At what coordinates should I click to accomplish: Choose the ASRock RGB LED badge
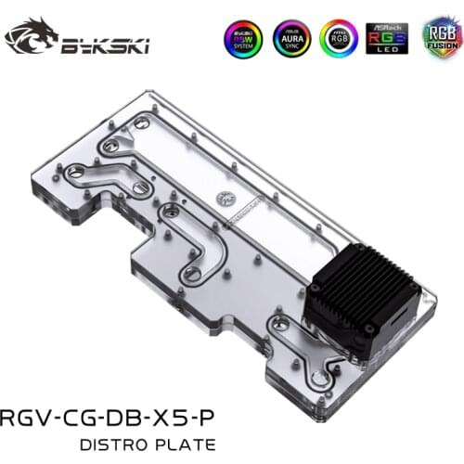point(387,38)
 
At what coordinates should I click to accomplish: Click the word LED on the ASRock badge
point(387,49)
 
